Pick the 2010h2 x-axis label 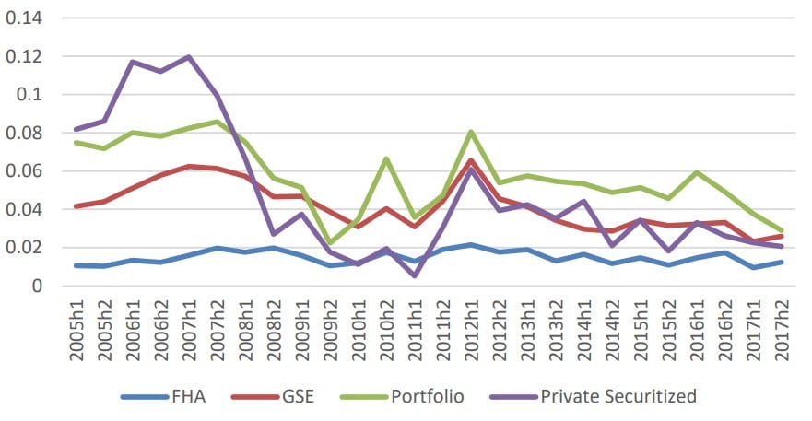tap(388, 327)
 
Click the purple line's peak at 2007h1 tap(190, 57)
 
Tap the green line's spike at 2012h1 tap(472, 132)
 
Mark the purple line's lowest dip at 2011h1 tap(416, 275)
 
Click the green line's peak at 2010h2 tap(387, 158)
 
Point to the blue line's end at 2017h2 tap(783, 262)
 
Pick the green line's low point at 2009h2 tap(331, 242)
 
